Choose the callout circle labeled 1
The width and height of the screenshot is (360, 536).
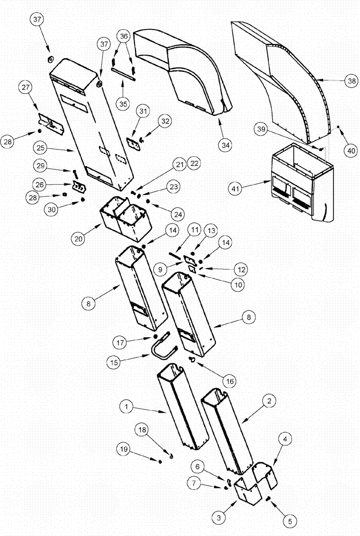pyautogui.click(x=126, y=407)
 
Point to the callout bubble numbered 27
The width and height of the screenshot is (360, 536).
pyautogui.click(x=26, y=88)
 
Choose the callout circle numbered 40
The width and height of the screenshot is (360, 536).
pyautogui.click(x=351, y=151)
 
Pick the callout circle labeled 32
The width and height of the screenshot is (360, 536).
pyautogui.click(x=165, y=122)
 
